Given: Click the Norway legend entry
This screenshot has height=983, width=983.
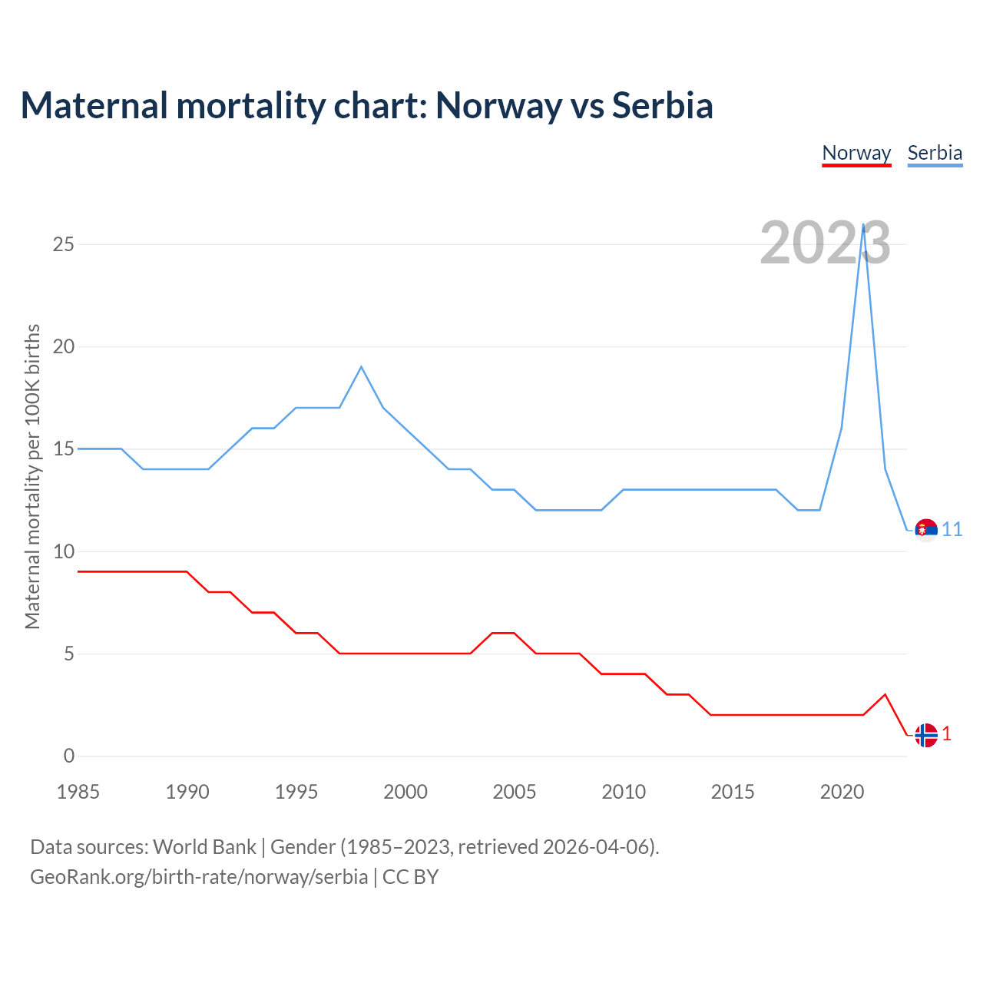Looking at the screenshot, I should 856,153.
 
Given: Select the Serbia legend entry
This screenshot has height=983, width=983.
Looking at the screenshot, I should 935,153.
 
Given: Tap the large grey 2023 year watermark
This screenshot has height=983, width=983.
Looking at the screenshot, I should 825,243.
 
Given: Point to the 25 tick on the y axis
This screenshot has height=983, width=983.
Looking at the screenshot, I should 64,244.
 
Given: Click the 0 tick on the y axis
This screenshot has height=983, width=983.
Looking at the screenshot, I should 69,756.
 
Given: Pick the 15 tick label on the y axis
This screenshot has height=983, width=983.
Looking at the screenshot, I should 64,448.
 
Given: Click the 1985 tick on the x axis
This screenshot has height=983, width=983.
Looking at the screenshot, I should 78,792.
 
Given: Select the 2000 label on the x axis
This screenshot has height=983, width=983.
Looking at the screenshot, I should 405,792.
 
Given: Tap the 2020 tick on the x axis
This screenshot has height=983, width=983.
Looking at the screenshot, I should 842,792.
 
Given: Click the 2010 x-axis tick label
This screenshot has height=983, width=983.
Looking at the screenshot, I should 624,792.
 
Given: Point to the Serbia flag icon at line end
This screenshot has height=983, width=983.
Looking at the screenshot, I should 926,530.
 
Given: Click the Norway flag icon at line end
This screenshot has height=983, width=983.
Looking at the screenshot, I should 926,735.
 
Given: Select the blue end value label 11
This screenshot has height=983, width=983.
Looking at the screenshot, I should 952,530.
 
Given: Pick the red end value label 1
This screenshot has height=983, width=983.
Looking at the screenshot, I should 947,734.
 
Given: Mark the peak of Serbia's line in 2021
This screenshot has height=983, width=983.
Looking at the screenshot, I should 864,224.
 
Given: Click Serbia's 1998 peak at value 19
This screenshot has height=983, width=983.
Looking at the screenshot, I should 361,366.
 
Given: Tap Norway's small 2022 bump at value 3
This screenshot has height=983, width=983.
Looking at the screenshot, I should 885,694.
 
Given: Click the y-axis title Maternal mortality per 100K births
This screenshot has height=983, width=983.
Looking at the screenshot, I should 32,476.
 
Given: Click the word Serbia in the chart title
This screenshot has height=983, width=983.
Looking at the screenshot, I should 662,105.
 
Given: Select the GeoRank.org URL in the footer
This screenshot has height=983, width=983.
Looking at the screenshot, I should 199,877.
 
